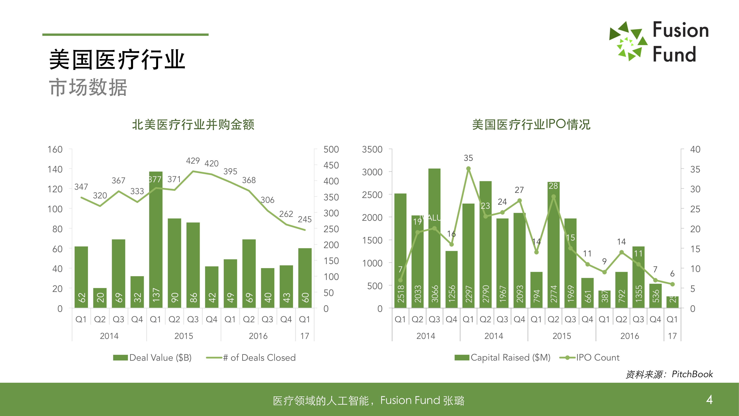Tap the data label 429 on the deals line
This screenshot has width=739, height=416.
click(193, 161)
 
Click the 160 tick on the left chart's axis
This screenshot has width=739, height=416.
click(55, 150)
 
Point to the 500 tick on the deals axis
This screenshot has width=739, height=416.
click(331, 150)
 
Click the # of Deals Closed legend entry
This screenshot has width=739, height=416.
click(251, 357)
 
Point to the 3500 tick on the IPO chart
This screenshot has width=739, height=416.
click(372, 150)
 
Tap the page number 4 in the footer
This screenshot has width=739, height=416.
click(709, 399)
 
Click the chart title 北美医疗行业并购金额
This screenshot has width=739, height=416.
click(193, 125)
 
